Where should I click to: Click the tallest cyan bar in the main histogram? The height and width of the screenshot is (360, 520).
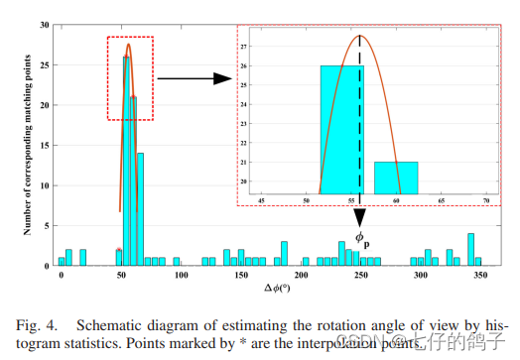point(126,159)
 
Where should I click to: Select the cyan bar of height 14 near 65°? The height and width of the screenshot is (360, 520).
point(140,208)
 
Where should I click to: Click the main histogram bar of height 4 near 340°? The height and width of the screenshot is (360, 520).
point(470,249)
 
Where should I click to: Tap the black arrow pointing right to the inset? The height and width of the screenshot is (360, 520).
point(189,77)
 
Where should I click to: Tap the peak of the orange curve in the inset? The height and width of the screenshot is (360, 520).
point(359,37)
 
